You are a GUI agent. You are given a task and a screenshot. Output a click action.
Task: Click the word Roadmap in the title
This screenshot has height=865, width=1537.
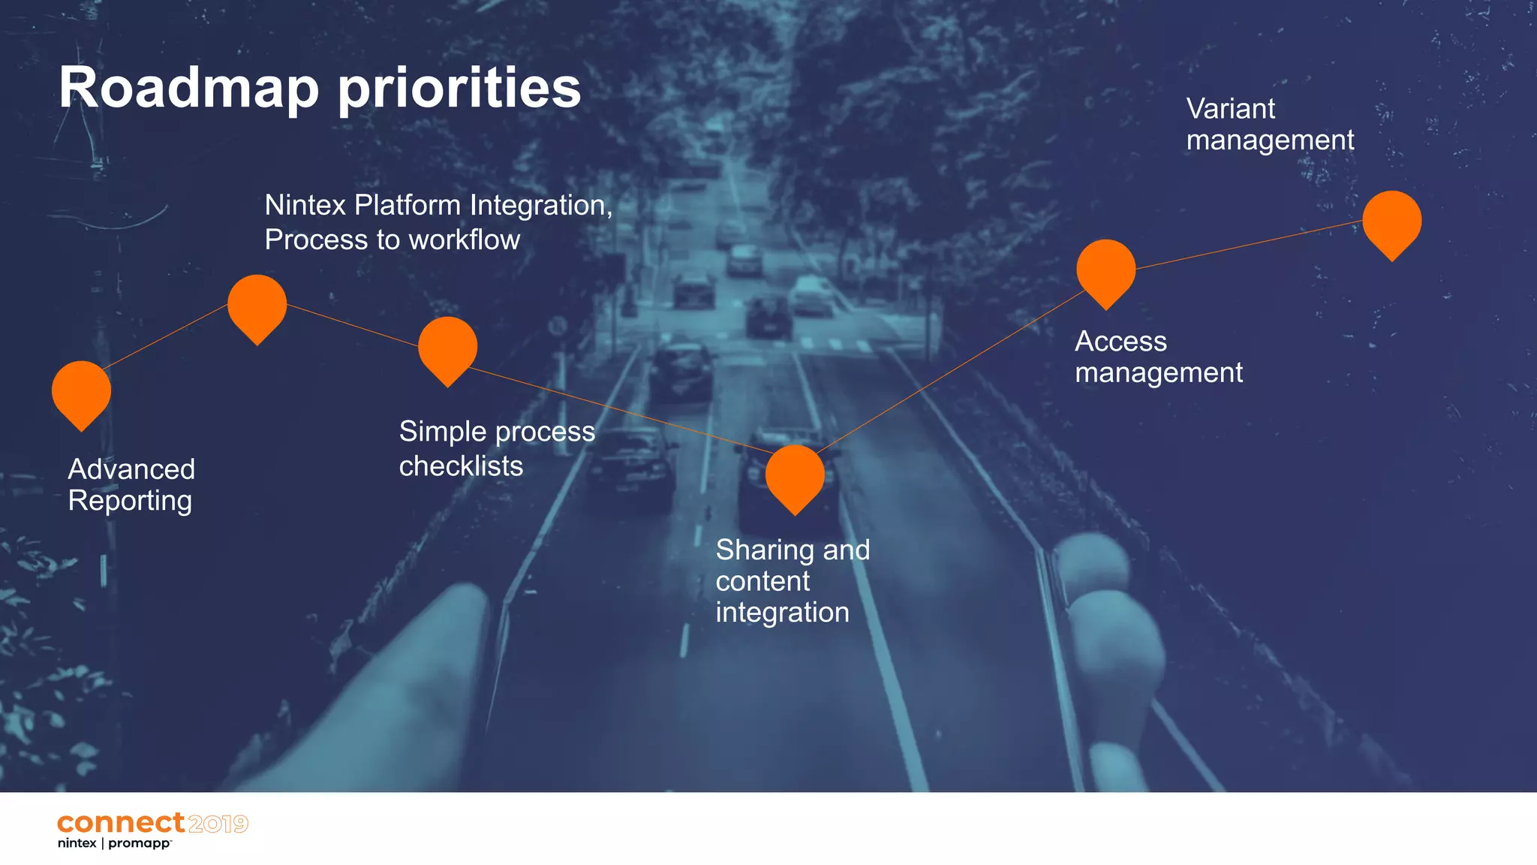(188, 88)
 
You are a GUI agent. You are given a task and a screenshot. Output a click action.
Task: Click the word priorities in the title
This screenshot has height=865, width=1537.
(459, 88)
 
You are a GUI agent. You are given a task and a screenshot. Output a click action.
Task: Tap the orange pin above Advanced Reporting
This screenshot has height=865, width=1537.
(81, 392)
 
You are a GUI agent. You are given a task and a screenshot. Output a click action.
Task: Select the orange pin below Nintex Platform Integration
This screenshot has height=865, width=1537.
(257, 306)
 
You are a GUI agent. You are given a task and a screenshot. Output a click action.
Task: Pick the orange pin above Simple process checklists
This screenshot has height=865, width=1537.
(447, 348)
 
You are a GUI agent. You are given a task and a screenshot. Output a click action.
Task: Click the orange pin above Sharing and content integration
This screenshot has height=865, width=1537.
(795, 476)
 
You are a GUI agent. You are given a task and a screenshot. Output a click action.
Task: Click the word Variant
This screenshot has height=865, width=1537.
(1230, 109)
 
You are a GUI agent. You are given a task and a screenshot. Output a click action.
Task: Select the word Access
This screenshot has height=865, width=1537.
(1120, 342)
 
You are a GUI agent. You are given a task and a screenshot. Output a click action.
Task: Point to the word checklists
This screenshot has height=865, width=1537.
(461, 466)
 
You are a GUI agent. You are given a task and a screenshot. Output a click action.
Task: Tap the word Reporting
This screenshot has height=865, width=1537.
(130, 501)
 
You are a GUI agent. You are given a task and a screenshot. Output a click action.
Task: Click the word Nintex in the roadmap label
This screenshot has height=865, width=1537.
(305, 205)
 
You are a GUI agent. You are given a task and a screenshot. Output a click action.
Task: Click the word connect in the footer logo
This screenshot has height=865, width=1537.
(120, 823)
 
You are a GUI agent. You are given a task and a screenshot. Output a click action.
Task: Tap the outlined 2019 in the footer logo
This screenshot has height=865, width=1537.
(218, 824)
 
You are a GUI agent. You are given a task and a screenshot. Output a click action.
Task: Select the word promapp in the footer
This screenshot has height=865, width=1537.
(139, 844)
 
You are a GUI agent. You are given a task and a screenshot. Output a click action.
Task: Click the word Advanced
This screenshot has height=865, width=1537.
(131, 469)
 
